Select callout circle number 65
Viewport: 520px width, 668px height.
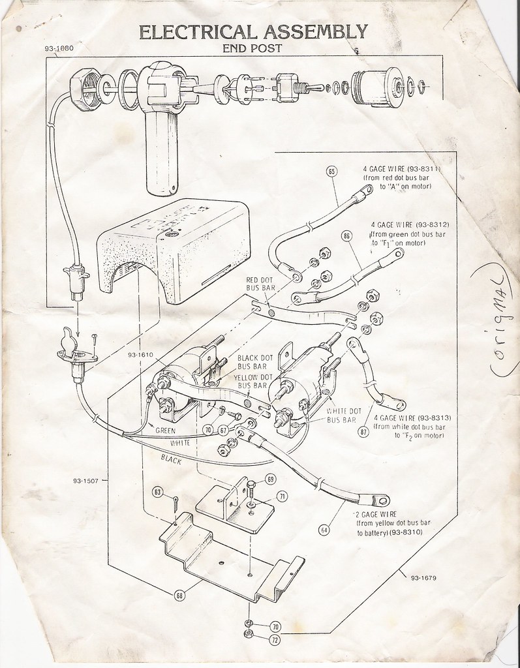[331, 172]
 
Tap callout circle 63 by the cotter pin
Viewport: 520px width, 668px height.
[157, 492]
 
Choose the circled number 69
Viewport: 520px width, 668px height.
[271, 479]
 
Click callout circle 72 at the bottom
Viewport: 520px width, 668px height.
[274, 640]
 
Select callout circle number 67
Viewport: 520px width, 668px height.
[223, 431]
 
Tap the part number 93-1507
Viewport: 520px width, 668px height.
[86, 482]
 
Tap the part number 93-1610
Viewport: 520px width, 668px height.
[140, 356]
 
